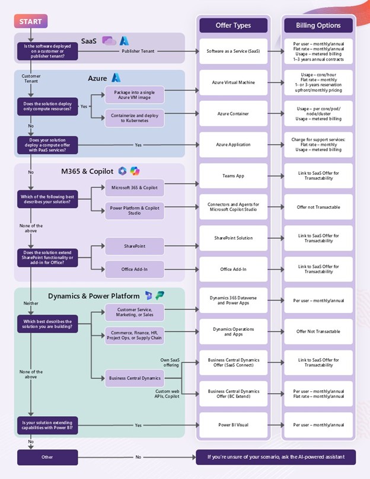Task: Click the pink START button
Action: [x=30, y=22]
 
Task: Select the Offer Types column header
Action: [x=233, y=25]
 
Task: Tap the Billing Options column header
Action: [x=318, y=25]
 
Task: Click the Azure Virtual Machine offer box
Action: [x=233, y=82]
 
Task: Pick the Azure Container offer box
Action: [x=233, y=113]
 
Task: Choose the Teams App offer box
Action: [x=233, y=176]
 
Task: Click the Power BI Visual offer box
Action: [x=233, y=425]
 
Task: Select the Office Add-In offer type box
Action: [x=233, y=269]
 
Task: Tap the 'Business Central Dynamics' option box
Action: [x=135, y=378]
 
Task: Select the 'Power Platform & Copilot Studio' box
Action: [x=135, y=210]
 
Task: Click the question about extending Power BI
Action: [x=47, y=425]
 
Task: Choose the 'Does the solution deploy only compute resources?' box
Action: [x=47, y=106]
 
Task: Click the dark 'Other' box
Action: [x=47, y=457]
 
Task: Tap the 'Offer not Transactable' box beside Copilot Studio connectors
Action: [x=318, y=207]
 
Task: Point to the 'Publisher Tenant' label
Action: [x=138, y=52]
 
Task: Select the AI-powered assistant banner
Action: [x=276, y=457]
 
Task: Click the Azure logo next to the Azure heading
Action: [x=116, y=78]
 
